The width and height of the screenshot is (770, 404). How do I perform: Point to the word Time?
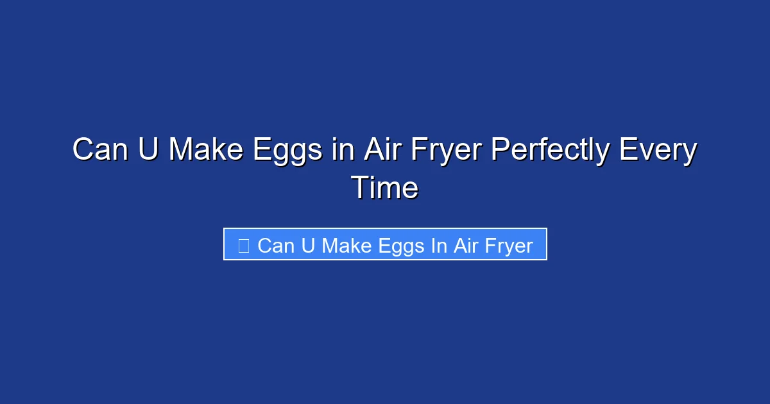click(x=385, y=188)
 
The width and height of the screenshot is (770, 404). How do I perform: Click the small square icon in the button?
click(x=243, y=245)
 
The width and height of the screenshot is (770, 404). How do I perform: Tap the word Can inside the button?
click(x=276, y=246)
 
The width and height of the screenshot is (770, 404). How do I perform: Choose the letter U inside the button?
click(x=308, y=246)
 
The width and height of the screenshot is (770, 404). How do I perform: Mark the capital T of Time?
click(x=359, y=188)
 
